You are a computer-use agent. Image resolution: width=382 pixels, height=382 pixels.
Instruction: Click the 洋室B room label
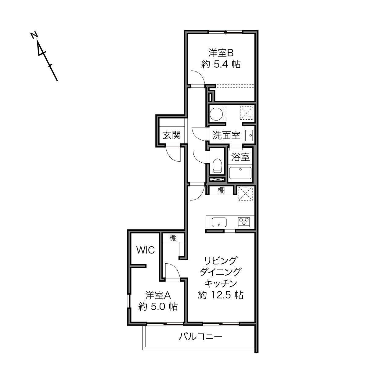click(x=221, y=53)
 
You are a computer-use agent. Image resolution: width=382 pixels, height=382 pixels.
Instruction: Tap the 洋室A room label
click(x=158, y=295)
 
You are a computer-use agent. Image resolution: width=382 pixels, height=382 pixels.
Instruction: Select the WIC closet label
click(x=145, y=250)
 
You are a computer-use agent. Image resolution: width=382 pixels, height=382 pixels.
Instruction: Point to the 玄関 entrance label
click(x=172, y=135)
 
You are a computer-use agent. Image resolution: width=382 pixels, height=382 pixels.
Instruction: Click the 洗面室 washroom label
click(x=226, y=135)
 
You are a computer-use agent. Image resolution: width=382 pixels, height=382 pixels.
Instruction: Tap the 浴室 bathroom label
click(x=240, y=157)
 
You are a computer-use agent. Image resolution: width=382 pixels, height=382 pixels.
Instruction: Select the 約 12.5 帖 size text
click(x=221, y=295)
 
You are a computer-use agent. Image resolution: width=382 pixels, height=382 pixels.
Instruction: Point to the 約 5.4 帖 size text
click(x=221, y=64)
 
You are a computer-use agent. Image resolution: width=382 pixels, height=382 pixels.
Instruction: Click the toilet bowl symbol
click(x=217, y=166)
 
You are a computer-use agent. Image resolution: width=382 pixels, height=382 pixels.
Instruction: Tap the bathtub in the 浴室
click(x=240, y=173)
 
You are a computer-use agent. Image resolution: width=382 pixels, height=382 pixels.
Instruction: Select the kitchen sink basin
click(x=219, y=222)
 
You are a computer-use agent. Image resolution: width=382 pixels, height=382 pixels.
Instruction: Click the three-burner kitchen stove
click(x=244, y=222)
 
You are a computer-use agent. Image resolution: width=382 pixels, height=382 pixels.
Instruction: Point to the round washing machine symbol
click(x=216, y=114)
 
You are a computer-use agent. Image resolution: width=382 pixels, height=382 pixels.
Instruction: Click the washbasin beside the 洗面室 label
click(x=249, y=135)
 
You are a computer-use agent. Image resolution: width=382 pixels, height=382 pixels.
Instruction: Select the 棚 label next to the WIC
click(x=173, y=238)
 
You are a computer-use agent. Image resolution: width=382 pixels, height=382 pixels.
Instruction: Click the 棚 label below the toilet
click(x=221, y=190)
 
